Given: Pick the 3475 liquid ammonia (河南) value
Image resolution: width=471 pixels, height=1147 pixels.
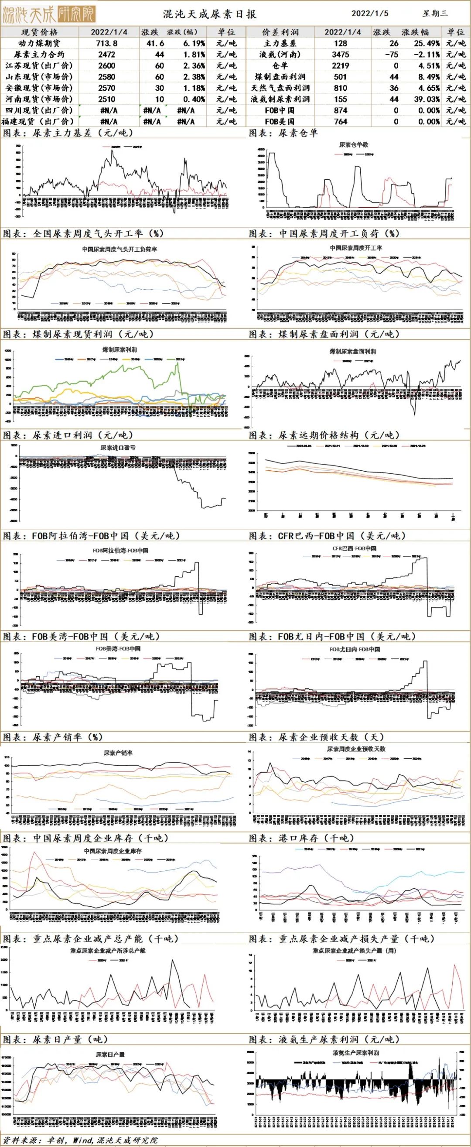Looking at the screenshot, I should click(341, 55).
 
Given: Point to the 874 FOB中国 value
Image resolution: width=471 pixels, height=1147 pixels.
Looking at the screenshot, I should click(341, 110).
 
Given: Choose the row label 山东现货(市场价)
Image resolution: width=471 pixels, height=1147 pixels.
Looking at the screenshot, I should click(39, 77).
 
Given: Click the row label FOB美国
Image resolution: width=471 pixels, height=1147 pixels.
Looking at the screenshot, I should click(280, 122).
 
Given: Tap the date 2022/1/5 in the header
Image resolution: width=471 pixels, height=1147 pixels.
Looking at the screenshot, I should click(370, 14).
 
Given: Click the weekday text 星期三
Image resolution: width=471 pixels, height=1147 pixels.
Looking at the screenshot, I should click(435, 14).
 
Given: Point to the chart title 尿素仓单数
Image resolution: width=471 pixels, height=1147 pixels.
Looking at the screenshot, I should click(354, 145).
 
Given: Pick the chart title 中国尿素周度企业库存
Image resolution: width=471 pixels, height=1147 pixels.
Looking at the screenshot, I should click(113, 851).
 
